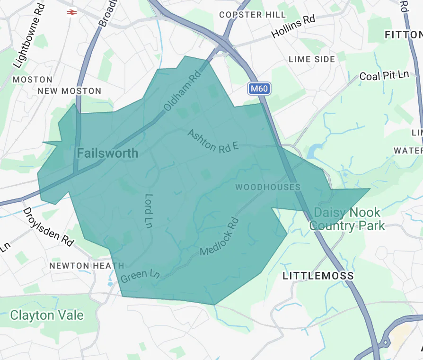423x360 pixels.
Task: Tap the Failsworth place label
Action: pos(107,153)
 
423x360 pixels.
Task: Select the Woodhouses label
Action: pos(268,187)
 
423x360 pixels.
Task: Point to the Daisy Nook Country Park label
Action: pos(347,219)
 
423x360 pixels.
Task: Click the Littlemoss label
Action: pos(318,276)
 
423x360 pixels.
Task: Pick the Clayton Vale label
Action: pos(47,315)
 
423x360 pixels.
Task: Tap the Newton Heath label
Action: pos(87,266)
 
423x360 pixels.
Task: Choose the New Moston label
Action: pos(69,91)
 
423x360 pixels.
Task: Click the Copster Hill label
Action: pos(253,15)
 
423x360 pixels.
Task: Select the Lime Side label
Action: pos(312,59)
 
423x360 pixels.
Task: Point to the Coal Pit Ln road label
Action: pos(384,75)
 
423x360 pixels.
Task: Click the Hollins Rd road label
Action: pos(293,27)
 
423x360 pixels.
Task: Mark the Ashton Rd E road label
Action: pos(212,141)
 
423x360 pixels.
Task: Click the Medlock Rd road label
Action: pos(220,236)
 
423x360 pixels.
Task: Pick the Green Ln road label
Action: pos(140,276)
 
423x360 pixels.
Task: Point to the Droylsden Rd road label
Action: pos(48,226)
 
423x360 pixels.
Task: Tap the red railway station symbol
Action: pos(72,13)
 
